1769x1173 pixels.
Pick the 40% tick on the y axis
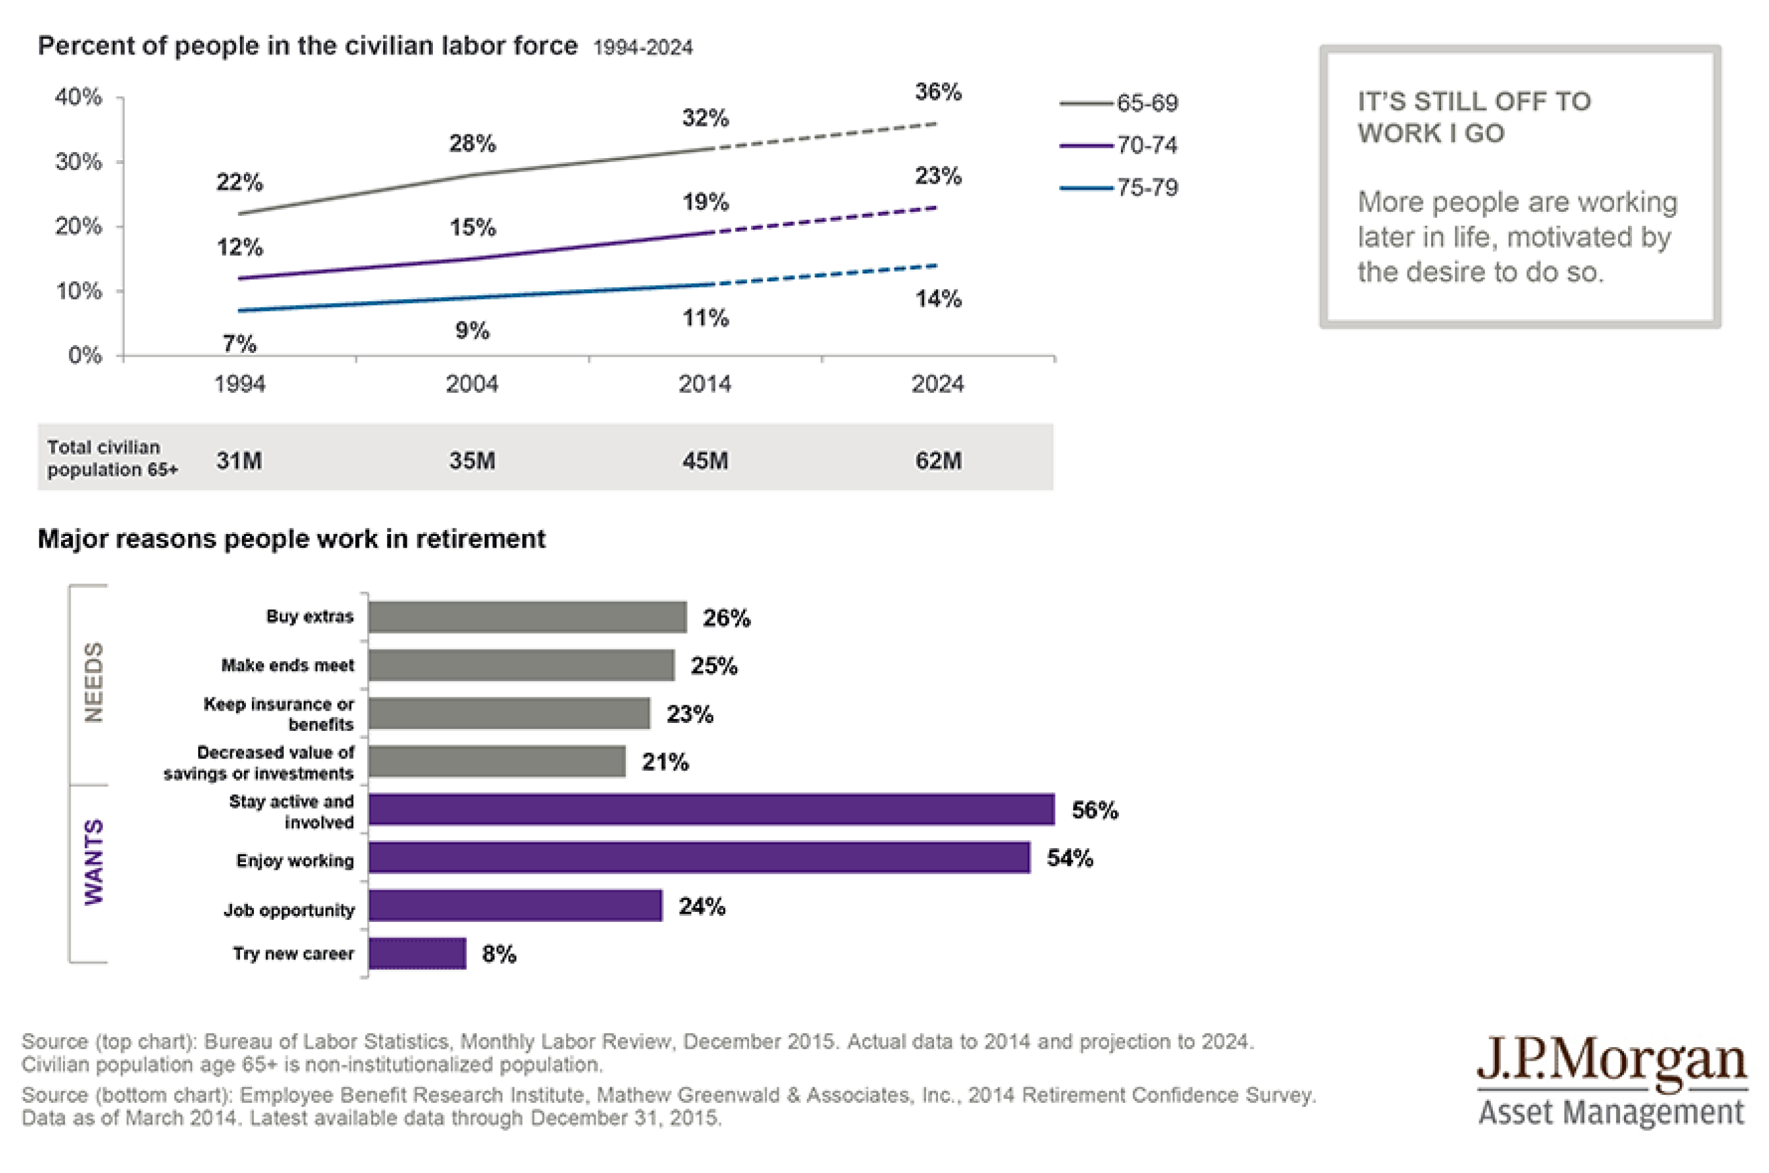(78, 97)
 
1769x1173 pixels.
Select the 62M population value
(938, 460)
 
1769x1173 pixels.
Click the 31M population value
(239, 460)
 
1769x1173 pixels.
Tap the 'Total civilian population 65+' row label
(112, 458)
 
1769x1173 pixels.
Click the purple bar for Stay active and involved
(710, 810)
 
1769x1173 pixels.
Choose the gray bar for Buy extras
(527, 617)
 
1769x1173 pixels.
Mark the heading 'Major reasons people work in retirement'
(292, 539)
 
